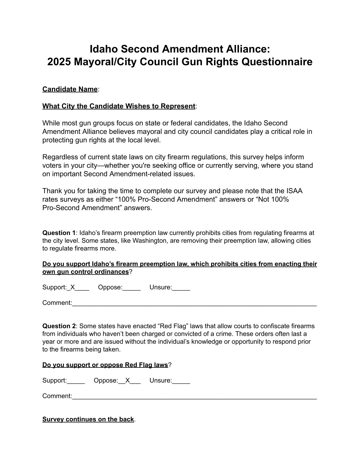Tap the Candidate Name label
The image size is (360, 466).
[x=70, y=89]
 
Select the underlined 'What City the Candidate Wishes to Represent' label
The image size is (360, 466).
[x=119, y=106]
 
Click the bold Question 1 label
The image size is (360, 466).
[x=59, y=233]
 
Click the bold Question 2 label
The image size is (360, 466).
[x=59, y=326]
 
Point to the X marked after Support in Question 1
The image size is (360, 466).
[x=73, y=287]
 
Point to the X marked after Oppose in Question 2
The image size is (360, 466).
[x=128, y=380]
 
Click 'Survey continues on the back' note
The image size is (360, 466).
[x=88, y=419]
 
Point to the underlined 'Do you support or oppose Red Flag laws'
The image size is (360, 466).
[x=105, y=365]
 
